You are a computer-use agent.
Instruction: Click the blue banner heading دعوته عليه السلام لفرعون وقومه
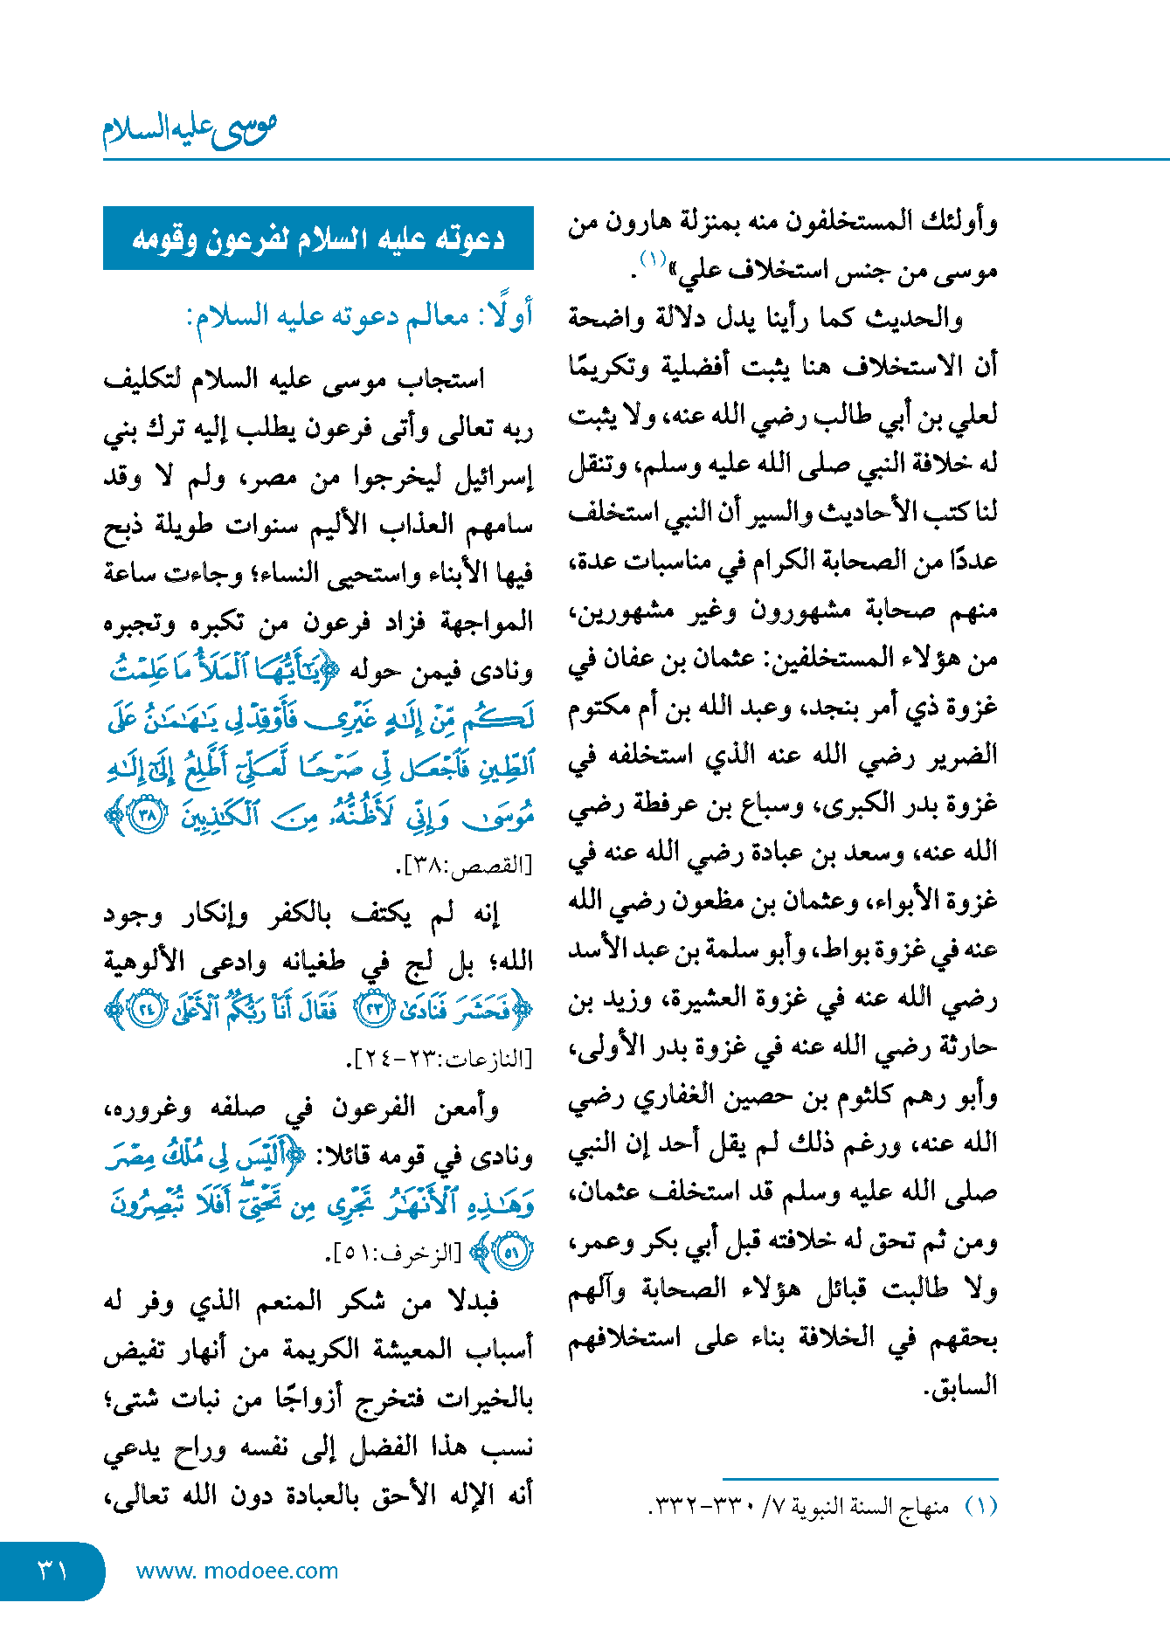tap(318, 238)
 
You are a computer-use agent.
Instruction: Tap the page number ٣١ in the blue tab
tap(52, 1571)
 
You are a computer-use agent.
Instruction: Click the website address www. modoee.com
tap(237, 1571)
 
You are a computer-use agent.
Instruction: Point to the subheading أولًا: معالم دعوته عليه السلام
tap(359, 315)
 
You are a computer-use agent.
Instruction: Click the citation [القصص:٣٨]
tap(464, 865)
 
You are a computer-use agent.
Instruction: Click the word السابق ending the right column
tap(962, 1386)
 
